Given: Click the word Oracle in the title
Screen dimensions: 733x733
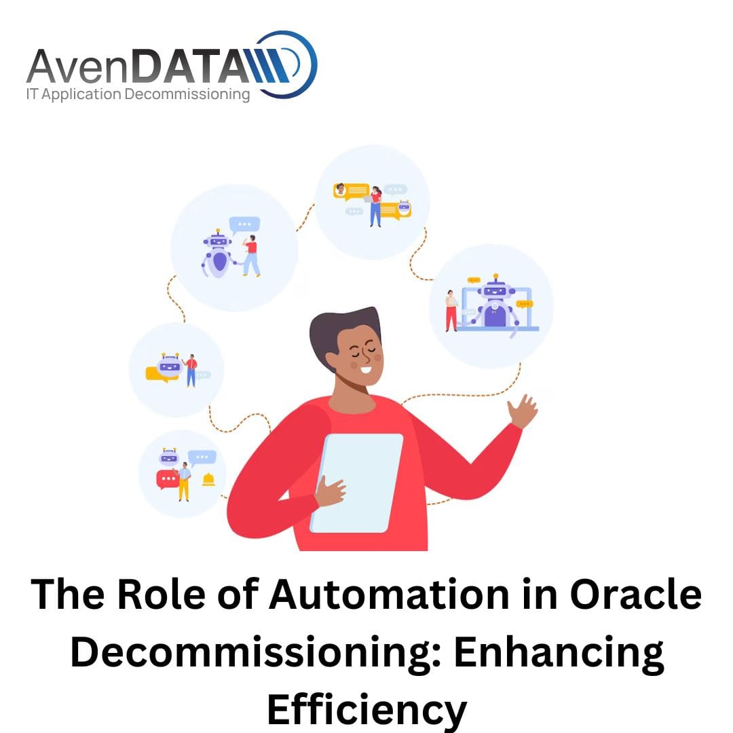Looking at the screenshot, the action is [635, 594].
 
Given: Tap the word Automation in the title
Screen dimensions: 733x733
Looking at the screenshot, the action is [389, 594].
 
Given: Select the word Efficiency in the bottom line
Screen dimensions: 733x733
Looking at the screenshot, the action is [367, 710].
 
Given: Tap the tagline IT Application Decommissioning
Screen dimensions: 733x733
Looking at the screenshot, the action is [138, 94].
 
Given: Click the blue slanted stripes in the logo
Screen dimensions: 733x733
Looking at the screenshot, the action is [270, 65].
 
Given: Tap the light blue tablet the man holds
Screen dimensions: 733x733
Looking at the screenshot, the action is [357, 483].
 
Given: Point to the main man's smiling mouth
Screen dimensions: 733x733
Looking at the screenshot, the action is [365, 370].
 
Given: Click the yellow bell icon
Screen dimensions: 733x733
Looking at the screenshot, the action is [208, 480].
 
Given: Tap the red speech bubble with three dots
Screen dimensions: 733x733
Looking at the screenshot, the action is [167, 479].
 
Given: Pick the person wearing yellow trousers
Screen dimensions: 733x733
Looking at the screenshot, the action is [184, 481].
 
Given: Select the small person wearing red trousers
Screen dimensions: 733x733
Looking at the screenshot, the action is [451, 311].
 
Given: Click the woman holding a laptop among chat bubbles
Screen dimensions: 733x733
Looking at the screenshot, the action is [375, 206].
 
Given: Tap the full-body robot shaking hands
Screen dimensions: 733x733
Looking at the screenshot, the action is [219, 254].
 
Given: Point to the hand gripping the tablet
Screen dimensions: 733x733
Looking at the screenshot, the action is [330, 491].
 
